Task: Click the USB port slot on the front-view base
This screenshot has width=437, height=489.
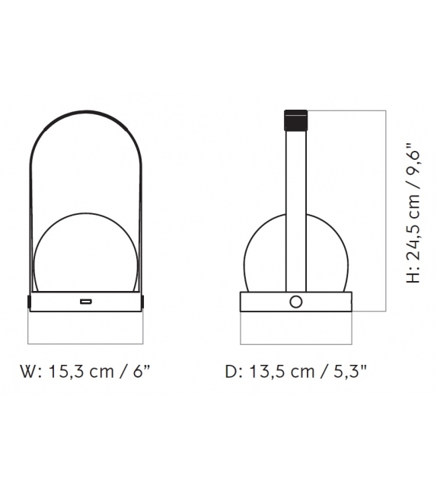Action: (x=86, y=302)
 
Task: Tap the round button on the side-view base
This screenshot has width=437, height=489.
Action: (x=295, y=302)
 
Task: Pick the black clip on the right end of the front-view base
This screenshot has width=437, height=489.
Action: (x=145, y=302)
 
